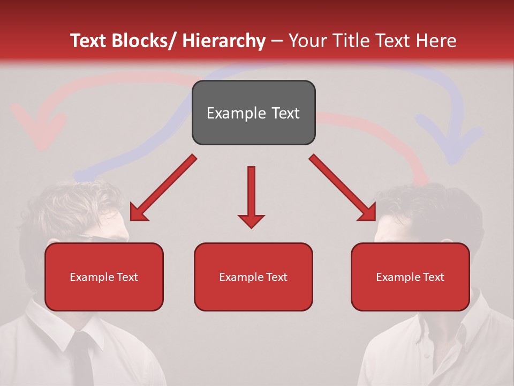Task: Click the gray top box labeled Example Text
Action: click(x=253, y=113)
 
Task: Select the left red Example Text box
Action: click(x=104, y=277)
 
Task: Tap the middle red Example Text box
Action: click(x=253, y=277)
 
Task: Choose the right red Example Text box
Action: click(x=410, y=277)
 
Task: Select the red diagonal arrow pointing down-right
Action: click(x=343, y=188)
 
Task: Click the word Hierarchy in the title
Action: click(x=223, y=41)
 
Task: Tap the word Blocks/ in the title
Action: click(x=141, y=41)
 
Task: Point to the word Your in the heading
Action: click(x=307, y=41)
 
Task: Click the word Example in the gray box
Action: click(x=229, y=113)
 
